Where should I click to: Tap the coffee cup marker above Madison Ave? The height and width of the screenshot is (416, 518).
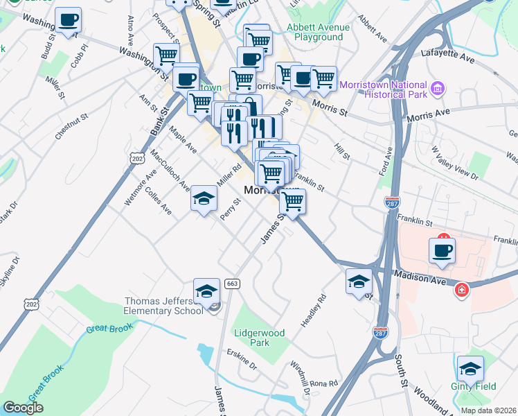point(442,251)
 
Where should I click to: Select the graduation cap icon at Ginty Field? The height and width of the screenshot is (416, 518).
point(470,369)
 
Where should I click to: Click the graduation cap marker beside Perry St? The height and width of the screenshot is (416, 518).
point(204,199)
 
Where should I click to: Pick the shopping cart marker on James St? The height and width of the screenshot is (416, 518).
point(293,202)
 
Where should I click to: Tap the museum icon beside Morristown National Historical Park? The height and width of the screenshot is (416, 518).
point(437,89)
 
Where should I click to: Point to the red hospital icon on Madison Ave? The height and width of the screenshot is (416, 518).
point(462,289)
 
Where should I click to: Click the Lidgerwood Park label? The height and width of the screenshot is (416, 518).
point(258,338)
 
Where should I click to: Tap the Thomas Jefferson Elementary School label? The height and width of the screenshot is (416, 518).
point(163,306)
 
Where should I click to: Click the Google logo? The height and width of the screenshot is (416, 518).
point(23,408)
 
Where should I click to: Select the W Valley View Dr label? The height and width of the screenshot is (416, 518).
point(454,162)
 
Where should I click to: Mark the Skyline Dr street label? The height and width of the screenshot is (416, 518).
point(10,271)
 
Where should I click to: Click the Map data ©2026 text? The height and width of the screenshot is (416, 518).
point(488,410)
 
